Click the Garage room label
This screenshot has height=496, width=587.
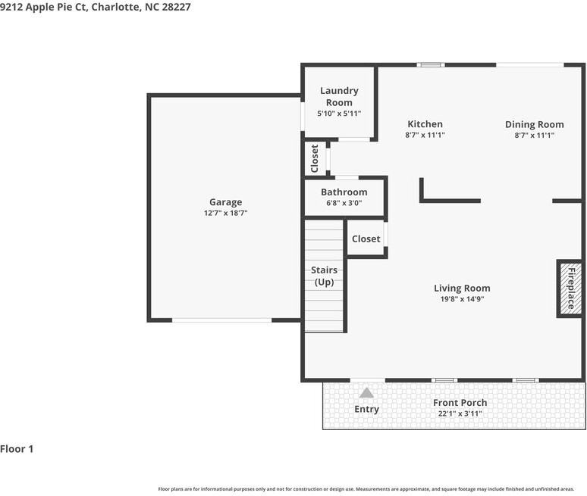(225, 202)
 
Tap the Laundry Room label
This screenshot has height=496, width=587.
(339, 96)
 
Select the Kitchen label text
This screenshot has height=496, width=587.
(425, 124)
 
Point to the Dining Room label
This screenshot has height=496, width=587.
(534, 124)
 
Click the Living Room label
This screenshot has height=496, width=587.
(462, 288)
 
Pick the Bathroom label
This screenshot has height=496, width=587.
(344, 192)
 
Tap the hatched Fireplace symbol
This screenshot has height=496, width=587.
(570, 289)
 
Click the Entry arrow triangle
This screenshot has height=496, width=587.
(366, 392)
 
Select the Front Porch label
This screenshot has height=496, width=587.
(460, 403)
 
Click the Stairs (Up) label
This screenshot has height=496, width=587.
(325, 276)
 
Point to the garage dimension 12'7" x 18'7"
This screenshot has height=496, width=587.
(225, 214)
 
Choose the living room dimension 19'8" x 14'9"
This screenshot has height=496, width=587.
(462, 299)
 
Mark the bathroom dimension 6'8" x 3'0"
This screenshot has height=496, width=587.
(344, 203)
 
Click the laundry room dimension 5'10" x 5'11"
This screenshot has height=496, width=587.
(339, 114)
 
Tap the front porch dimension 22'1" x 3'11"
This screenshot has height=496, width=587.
(460, 413)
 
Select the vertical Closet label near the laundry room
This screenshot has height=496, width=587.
(315, 158)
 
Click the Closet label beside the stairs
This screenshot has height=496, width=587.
(366, 239)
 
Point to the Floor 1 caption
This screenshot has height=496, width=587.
(17, 449)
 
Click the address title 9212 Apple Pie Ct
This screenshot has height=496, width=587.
(96, 7)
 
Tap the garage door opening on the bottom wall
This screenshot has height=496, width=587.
(221, 320)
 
